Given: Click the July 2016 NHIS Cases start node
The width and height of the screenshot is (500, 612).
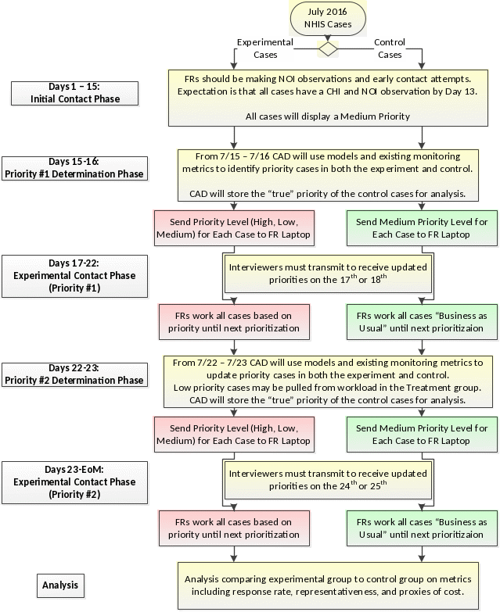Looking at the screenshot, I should tap(328, 19).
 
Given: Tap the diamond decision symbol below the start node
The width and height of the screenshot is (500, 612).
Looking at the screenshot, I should tap(328, 48).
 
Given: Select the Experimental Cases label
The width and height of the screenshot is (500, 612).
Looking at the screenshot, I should tap(264, 48).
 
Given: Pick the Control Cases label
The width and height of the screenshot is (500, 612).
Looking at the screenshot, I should tap(389, 48).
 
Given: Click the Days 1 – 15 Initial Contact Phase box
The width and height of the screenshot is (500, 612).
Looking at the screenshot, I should tap(74, 94).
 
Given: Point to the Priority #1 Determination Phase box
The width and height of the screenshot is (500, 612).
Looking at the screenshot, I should tap(74, 168).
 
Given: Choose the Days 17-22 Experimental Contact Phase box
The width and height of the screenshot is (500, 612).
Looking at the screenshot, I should tap(74, 275).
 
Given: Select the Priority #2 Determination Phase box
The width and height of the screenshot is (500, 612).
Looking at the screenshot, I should tap(74, 374).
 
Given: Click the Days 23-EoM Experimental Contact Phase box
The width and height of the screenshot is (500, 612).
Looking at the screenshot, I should tap(74, 481).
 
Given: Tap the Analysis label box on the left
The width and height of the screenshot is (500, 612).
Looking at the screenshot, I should tap(60, 584).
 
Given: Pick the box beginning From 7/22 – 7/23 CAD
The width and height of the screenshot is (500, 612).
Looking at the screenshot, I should tap(328, 381).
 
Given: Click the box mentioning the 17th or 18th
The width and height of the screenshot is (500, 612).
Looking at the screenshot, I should tap(328, 273).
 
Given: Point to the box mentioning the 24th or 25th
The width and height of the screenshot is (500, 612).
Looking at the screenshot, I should tap(328, 479).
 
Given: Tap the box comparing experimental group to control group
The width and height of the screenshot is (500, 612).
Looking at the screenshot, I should tap(328, 585).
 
